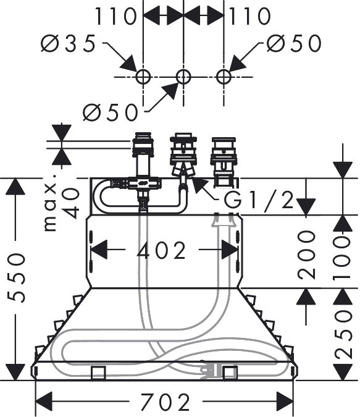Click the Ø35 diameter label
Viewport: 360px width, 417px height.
coord(68,43)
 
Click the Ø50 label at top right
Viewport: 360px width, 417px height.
coord(294,43)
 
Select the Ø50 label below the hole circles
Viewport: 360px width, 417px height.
coord(111,112)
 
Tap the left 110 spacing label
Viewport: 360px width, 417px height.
coord(115,16)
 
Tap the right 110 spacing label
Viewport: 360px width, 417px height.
coord(250,16)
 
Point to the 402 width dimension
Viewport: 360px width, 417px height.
coord(161,251)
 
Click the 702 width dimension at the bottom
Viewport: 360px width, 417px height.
coord(165,402)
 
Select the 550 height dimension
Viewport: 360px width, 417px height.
coord(17,277)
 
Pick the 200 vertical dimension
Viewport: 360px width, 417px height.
coord(306,255)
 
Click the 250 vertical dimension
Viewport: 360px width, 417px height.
coord(343,334)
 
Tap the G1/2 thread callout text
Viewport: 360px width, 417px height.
coord(259,200)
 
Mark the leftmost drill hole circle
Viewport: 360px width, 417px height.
coord(143,77)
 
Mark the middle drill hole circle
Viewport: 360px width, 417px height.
coord(183,77)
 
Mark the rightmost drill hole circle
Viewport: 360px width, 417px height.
coord(224,77)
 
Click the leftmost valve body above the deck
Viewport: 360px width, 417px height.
coord(143,155)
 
